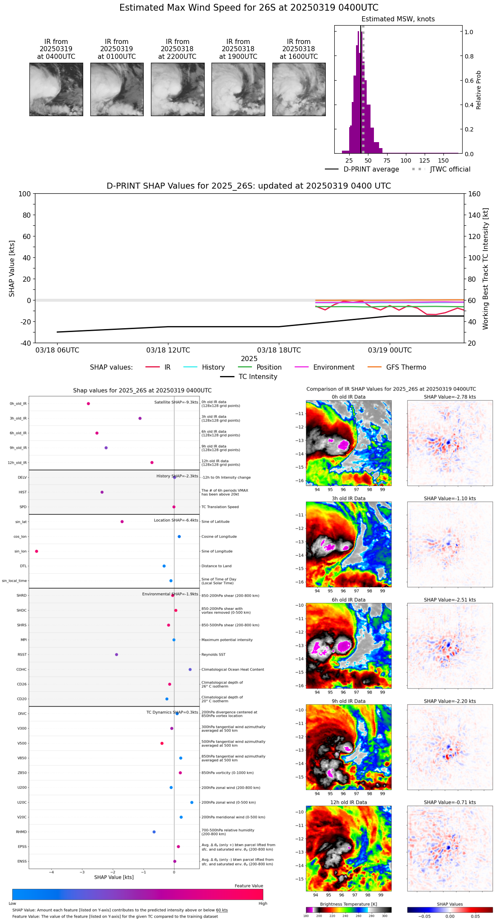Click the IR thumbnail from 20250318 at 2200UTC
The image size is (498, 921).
pyautogui.click(x=177, y=89)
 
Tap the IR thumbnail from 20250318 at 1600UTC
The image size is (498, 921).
pyautogui.click(x=299, y=89)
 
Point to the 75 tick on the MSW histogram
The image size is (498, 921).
pyautogui.click(x=387, y=160)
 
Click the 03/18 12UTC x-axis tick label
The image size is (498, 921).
pyautogui.click(x=168, y=350)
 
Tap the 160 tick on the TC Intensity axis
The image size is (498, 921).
pyautogui.click(x=475, y=194)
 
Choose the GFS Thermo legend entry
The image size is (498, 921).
pyautogui.click(x=406, y=367)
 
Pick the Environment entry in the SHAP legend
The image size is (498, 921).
pyautogui.click(x=333, y=367)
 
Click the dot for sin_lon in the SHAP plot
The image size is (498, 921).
pyautogui.click(x=37, y=551)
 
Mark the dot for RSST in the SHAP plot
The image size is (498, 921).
pyautogui.click(x=116, y=654)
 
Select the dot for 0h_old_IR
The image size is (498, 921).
pyautogui.click(x=88, y=403)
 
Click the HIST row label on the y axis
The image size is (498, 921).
pyautogui.click(x=23, y=492)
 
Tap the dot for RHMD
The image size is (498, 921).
pyautogui.click(x=154, y=832)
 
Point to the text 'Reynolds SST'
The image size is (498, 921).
pyautogui.click(x=213, y=654)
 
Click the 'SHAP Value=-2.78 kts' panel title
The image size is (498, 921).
pyautogui.click(x=450, y=397)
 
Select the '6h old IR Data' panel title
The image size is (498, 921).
pyautogui.click(x=348, y=600)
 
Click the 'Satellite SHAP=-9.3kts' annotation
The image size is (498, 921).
pyautogui.click(x=176, y=402)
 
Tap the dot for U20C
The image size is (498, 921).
pyautogui.click(x=192, y=802)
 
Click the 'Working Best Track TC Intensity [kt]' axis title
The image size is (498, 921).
pyautogui.click(x=486, y=268)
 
